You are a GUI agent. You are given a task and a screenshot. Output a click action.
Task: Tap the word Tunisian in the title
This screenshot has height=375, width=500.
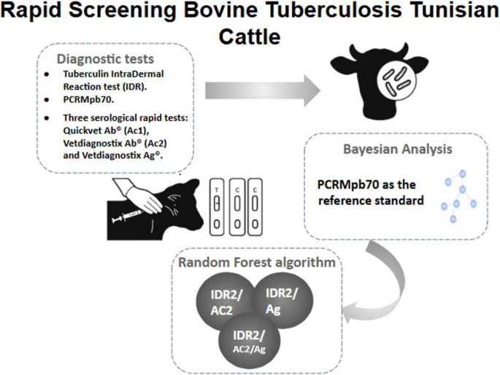point(438,12)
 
